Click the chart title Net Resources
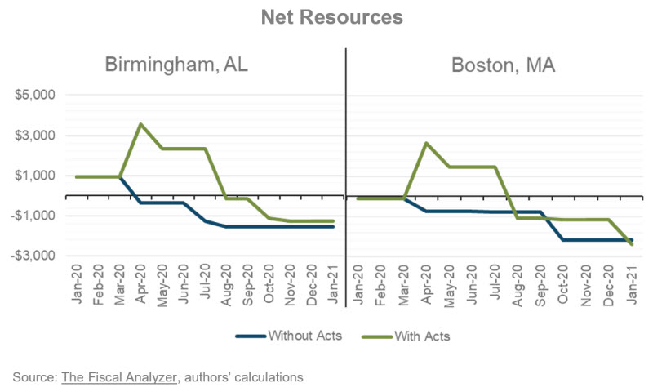(x=326, y=17)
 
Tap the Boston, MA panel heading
(x=503, y=65)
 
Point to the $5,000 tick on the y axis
(x=34, y=96)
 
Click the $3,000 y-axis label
(x=34, y=136)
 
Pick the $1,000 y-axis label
(x=34, y=176)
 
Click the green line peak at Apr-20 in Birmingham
(x=141, y=124)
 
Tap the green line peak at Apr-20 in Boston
(x=426, y=143)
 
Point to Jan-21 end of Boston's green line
(x=632, y=245)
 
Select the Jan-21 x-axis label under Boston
(x=632, y=287)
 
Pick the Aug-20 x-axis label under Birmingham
(x=226, y=287)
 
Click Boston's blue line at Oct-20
(x=563, y=240)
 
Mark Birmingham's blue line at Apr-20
(x=141, y=203)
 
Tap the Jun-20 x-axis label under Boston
(x=473, y=287)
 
